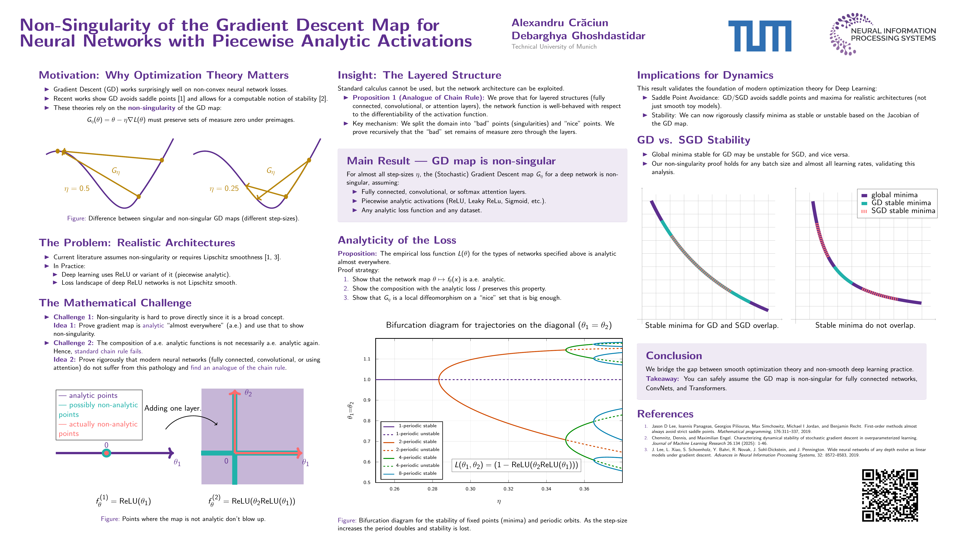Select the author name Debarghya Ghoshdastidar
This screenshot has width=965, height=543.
point(578,36)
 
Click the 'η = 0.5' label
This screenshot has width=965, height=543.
point(77,189)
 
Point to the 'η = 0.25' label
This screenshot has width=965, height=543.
point(224,189)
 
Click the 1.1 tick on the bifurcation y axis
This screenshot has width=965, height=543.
point(367,359)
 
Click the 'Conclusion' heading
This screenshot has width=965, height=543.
point(674,356)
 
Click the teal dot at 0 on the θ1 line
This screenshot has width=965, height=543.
point(106,453)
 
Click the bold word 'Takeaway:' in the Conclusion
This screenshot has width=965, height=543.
point(662,379)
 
